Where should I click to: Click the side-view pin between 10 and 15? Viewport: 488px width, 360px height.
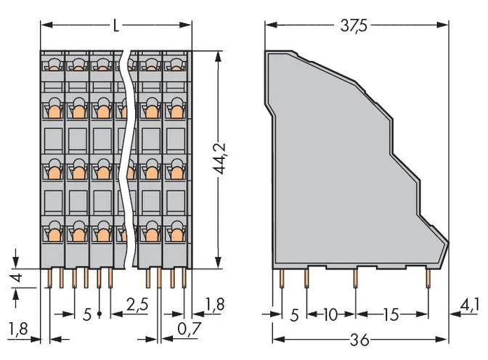point(355,278)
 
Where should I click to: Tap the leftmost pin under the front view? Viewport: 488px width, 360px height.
point(50,277)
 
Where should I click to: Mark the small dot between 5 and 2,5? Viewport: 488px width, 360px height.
point(99,315)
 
